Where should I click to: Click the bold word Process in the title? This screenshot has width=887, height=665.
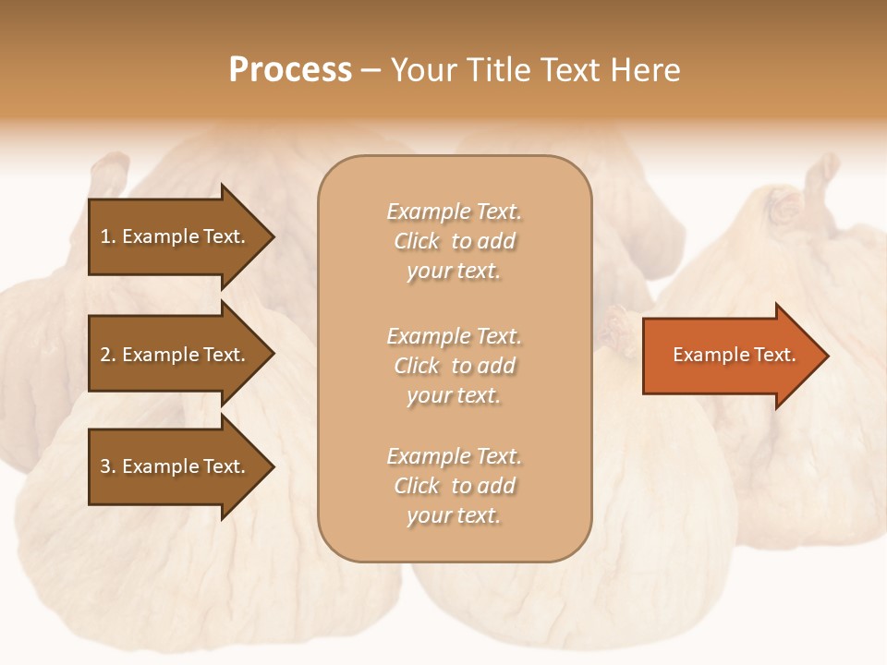click(290, 70)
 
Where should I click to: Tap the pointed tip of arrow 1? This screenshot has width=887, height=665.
click(272, 237)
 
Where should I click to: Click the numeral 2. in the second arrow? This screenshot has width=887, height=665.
click(107, 355)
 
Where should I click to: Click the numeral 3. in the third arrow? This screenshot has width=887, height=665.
click(107, 466)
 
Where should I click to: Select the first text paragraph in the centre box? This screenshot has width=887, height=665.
click(454, 241)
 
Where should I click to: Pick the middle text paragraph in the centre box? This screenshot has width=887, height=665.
click(454, 366)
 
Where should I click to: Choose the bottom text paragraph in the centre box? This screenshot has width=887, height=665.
click(454, 486)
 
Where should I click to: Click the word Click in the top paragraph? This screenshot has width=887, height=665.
click(417, 241)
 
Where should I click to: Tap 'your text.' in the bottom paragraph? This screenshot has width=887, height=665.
click(454, 515)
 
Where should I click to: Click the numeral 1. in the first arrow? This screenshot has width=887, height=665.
click(107, 236)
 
